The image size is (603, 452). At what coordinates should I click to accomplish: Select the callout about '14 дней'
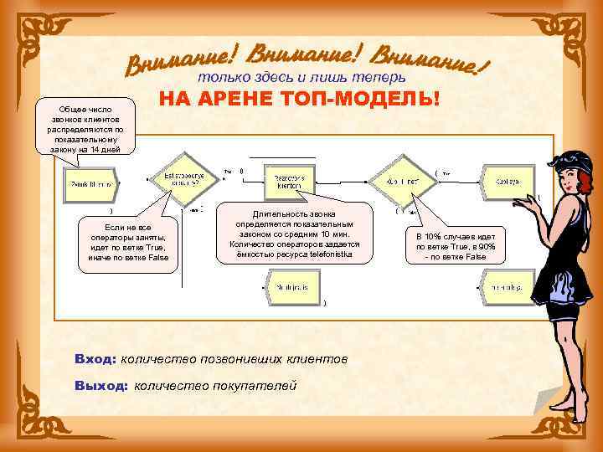81,130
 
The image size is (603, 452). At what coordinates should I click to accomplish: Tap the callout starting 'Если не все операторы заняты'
128,243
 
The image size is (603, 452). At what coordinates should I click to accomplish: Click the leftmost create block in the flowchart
90,183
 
